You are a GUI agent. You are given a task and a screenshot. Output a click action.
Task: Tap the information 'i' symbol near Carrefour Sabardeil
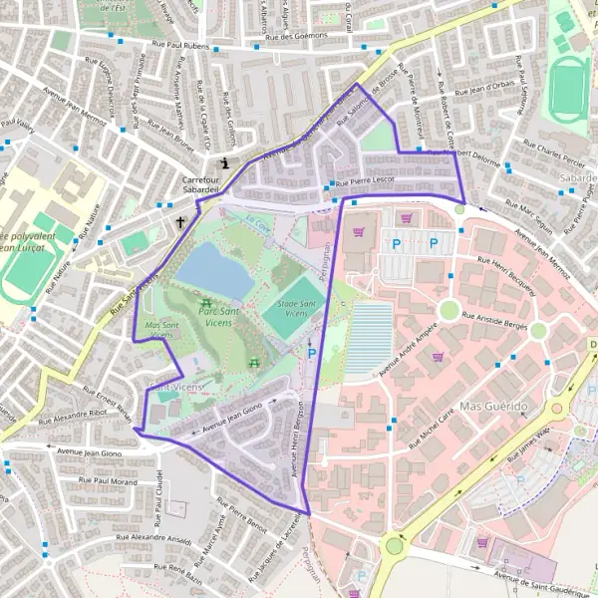pos(226,162)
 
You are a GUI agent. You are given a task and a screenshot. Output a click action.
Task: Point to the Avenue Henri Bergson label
pos(297,438)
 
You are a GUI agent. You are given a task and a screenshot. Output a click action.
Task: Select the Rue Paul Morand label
pos(104,482)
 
